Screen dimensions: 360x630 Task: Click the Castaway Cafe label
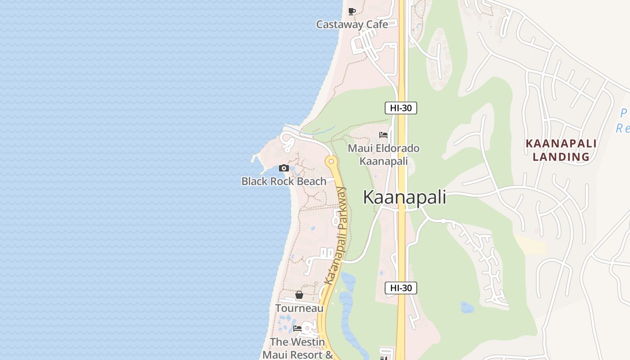(x=352, y=24)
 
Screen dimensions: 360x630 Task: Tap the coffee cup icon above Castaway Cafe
(x=352, y=11)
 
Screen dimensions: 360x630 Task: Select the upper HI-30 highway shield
(x=400, y=108)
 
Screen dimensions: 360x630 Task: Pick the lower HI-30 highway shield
(x=400, y=288)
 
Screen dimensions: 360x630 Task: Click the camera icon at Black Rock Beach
(x=284, y=168)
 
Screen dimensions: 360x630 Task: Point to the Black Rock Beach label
(x=284, y=181)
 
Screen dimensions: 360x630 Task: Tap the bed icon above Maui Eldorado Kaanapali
(x=383, y=135)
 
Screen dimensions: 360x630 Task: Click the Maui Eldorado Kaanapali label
(x=384, y=154)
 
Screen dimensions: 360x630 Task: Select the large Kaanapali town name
(x=405, y=198)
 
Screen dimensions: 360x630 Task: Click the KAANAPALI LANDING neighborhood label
(x=561, y=150)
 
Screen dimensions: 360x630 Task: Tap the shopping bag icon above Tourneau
(x=299, y=295)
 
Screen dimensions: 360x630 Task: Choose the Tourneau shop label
(x=299, y=308)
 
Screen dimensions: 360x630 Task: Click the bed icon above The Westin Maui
(x=297, y=328)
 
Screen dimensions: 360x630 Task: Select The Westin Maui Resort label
(x=297, y=348)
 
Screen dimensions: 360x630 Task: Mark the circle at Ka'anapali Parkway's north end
(x=331, y=161)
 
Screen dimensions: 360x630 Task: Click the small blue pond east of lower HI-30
(x=467, y=307)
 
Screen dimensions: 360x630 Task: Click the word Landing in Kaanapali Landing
(x=561, y=157)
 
